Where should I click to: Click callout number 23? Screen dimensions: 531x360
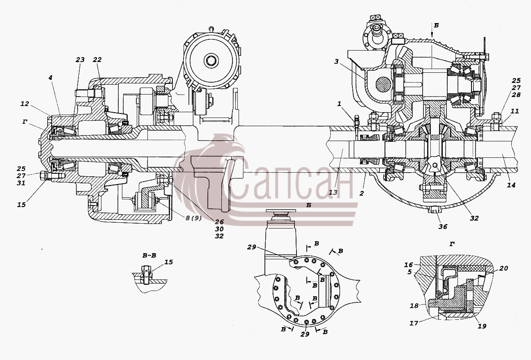pos(80,60)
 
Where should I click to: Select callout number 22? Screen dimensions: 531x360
pos(97,60)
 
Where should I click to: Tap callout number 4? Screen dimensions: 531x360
pos(51,78)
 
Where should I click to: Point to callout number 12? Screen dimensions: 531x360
pos(25,104)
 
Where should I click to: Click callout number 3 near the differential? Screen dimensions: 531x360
pos(336,62)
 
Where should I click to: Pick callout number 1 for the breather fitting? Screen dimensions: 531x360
pos(340,104)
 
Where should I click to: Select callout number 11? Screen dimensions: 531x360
pos(515,111)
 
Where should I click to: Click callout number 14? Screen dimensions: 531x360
pos(511,185)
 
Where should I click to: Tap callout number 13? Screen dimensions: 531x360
pos(333,192)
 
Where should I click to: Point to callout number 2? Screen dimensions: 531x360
pos(361,194)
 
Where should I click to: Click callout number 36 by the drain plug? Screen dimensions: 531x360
pos(443,227)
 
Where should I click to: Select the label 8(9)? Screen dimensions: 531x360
pos(193,218)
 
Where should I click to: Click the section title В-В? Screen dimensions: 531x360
pos(149,256)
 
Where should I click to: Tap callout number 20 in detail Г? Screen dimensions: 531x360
pos(503,268)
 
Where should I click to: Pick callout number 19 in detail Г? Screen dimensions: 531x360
pos(482,326)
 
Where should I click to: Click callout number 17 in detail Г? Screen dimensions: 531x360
pos(414,323)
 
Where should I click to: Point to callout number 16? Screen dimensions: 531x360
pos(409,264)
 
